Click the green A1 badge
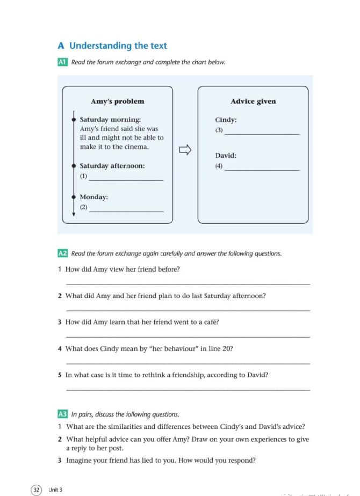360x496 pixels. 62,62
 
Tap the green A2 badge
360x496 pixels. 62,253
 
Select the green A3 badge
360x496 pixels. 62,414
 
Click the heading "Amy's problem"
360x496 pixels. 117,101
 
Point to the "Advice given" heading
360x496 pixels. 253,101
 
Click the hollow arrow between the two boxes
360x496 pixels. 185,150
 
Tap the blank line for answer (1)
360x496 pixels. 126,180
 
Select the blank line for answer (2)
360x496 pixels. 126,210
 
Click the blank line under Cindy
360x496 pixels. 262,134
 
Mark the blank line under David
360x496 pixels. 262,170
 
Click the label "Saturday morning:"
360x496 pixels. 110,120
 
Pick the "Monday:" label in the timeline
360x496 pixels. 94,197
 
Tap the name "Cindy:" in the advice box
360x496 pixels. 226,120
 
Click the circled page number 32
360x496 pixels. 36,489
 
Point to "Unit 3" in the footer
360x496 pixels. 55,490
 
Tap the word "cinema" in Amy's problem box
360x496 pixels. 138,147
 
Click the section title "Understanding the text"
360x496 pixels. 118,46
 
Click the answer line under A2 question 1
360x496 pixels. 188,283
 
